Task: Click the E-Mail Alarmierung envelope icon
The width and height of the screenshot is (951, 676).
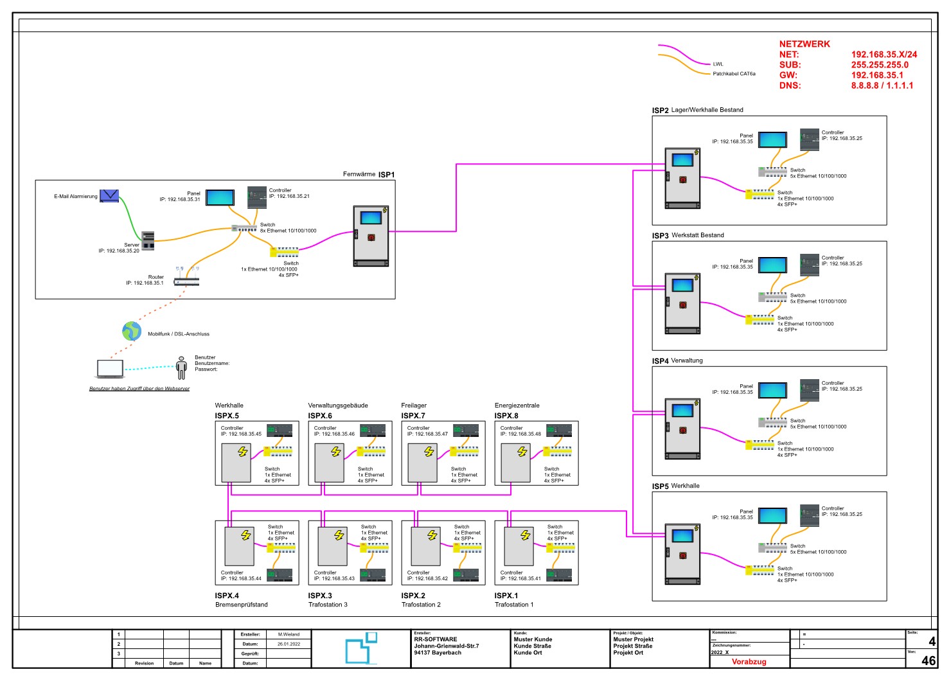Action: (109, 196)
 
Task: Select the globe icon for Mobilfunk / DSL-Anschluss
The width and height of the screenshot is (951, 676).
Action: (132, 331)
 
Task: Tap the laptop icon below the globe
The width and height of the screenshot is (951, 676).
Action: (110, 369)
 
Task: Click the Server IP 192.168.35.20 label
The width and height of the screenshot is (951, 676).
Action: (119, 251)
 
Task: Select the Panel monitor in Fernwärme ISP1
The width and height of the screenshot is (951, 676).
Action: (220, 197)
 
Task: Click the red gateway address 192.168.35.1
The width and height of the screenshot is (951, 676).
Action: (877, 75)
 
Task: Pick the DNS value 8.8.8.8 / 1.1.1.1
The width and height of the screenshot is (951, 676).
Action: (882, 85)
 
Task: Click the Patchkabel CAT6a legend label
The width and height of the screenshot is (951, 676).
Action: (734, 74)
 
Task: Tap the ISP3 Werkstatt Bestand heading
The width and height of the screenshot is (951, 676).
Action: (688, 235)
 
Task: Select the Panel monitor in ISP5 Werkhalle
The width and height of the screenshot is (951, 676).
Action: (772, 515)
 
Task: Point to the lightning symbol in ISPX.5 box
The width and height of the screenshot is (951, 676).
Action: (243, 452)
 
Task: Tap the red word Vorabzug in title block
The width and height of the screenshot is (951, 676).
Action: (749, 662)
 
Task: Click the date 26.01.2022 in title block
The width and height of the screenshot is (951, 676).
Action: (289, 644)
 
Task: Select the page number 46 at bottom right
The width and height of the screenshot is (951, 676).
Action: (929, 661)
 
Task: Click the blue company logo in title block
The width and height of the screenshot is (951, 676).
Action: (360, 648)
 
